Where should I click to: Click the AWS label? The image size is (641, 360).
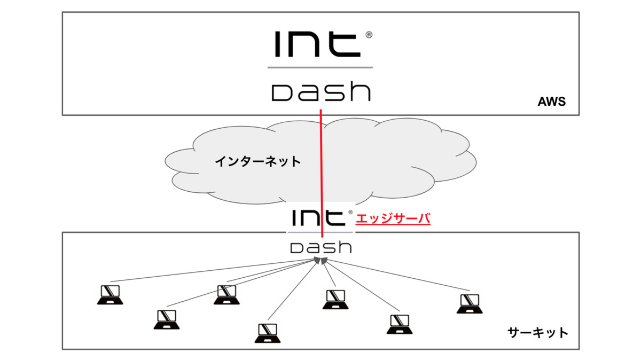click(551, 101)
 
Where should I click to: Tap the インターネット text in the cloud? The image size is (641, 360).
click(257, 161)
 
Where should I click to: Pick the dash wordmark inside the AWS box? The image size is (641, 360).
click(320, 92)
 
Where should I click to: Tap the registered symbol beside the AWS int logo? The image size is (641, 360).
click(369, 35)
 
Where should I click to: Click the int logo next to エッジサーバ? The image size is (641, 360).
click(317, 218)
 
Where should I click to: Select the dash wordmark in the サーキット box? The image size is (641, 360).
click(320, 247)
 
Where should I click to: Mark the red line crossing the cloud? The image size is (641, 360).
click(321, 160)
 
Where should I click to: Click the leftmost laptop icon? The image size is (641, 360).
click(110, 294)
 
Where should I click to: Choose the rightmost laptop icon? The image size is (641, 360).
click(470, 303)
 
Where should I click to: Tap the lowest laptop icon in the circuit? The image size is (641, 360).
click(267, 333)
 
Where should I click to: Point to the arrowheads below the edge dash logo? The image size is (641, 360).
click(321, 261)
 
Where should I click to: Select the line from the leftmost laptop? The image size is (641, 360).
click(214, 271)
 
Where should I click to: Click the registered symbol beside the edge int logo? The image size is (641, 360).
click(350, 212)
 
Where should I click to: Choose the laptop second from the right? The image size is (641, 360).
click(398, 324)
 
